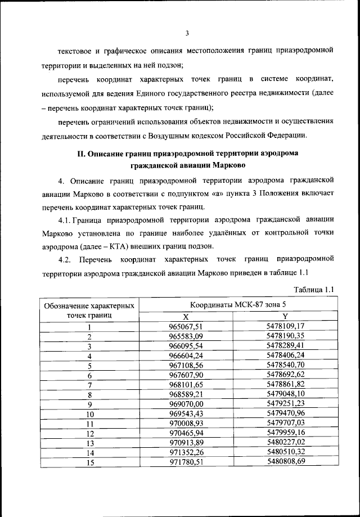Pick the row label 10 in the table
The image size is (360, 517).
89,413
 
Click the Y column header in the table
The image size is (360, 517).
285,316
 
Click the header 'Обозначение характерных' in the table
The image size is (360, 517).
89,306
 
